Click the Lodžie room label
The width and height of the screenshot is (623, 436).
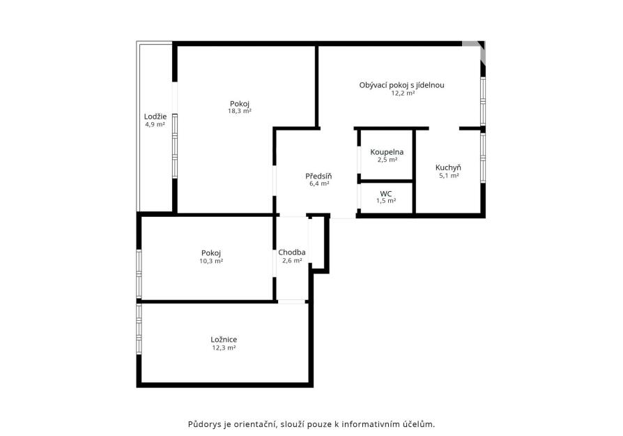pos(155,116)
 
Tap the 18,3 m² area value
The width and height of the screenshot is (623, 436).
pos(240,112)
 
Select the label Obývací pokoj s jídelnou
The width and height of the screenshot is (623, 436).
pos(401,85)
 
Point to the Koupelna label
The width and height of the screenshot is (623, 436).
pos(387,152)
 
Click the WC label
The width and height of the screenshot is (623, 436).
pos(386,194)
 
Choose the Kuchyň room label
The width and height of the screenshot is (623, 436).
pos(448,167)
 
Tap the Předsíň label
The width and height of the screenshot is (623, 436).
pos(318,176)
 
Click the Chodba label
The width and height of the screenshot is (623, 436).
pos(292,253)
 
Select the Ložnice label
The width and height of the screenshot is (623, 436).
pos(224,339)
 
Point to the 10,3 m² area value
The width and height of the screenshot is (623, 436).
pos(211,262)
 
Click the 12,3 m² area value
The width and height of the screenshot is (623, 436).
pos(224,347)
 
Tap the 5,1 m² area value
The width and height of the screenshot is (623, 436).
pos(449,175)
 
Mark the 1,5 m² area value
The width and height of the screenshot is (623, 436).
pos(386,201)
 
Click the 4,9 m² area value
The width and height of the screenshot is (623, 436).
pos(155,124)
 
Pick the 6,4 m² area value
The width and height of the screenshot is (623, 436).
pos(319,183)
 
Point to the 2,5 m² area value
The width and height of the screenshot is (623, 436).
pos(387,160)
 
